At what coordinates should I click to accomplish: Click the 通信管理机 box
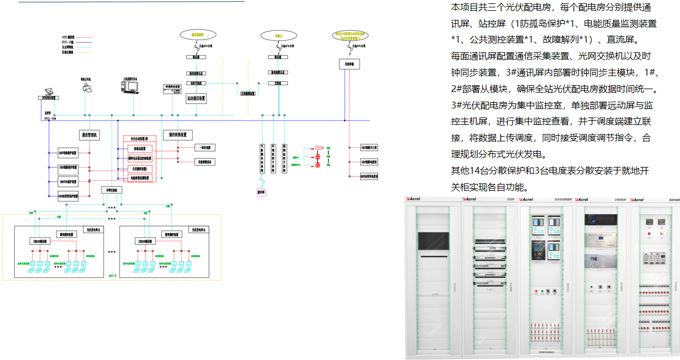pos(89,135)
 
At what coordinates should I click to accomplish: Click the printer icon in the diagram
pos(87,87)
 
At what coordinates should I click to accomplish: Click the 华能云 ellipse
pos(278,35)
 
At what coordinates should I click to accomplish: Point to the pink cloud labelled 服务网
pos(261,192)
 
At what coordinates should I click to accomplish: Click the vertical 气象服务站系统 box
pos(262,158)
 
